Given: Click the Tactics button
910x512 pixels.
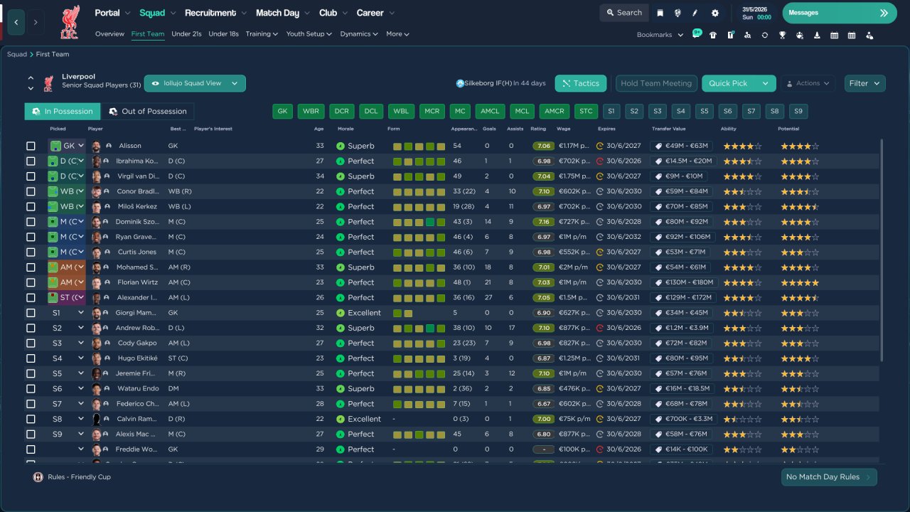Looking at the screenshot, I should [580, 83].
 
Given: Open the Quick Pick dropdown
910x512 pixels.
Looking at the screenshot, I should [765, 83].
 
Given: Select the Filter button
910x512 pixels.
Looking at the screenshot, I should [864, 83].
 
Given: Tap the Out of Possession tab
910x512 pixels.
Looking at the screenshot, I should [147, 112].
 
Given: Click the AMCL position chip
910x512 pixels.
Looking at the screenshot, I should [490, 112].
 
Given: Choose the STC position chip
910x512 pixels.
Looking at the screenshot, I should [585, 112].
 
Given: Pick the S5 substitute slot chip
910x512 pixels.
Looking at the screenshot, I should [704, 112].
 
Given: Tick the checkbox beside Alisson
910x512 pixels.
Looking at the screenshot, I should [31, 146].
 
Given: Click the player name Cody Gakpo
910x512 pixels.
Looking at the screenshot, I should [136, 343].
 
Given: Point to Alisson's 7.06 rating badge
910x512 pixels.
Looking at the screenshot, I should [543, 146].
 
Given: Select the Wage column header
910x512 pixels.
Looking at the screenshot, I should [563, 129].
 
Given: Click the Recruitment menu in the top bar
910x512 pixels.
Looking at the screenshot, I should [210, 13].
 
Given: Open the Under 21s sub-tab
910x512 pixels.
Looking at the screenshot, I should [186, 34].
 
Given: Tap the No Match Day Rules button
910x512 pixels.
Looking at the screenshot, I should [828, 477].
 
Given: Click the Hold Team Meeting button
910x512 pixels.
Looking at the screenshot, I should [655, 83].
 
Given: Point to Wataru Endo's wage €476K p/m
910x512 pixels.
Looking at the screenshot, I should [574, 389].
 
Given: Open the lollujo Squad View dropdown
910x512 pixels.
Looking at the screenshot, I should [195, 83].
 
